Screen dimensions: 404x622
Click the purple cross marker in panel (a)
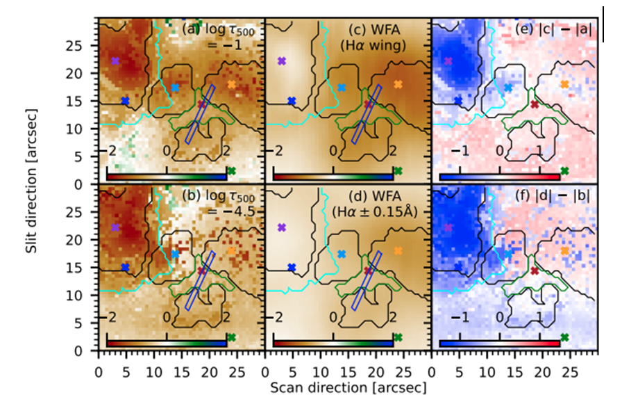point(115,60)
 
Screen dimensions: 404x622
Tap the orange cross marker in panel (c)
point(398,84)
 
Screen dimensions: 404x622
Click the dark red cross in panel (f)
point(535,270)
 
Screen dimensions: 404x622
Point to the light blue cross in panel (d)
point(342,254)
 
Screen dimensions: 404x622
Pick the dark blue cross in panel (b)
point(126,267)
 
